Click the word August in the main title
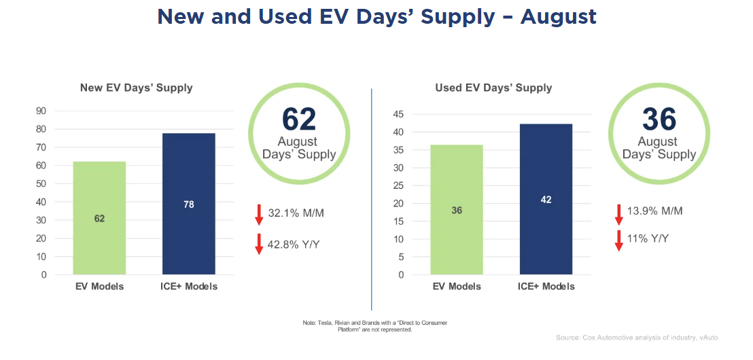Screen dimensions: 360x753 point(559,17)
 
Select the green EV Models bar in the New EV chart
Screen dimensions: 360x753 point(99,217)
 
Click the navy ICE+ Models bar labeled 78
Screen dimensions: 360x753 point(189,204)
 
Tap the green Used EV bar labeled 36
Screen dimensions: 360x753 point(457,210)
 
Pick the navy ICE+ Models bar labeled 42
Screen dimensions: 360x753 point(546,200)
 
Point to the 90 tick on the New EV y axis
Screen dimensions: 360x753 point(41,111)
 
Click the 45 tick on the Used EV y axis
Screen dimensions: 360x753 point(399,114)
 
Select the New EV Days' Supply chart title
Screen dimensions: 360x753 point(136,88)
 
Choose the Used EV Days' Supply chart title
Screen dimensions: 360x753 point(493,88)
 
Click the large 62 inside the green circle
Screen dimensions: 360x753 point(299,119)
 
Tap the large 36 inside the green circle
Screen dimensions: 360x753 point(659,119)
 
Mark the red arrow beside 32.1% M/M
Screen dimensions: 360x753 point(259,214)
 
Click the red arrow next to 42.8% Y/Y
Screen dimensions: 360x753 point(259,244)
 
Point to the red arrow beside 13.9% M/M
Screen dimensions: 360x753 point(618,214)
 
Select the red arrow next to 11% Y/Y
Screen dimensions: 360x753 point(618,240)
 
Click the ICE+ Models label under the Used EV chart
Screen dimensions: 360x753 point(546,287)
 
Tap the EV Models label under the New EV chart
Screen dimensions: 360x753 point(99,287)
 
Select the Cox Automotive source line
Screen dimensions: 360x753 point(636,338)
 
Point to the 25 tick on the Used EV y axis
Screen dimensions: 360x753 point(399,185)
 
